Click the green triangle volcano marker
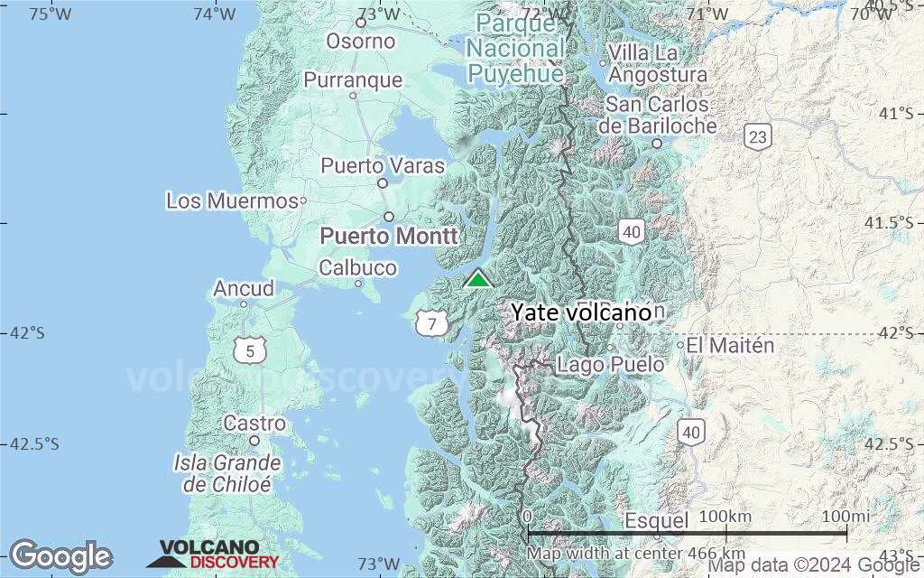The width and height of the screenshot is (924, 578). pos(477,278)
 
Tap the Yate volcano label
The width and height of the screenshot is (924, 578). pos(581,312)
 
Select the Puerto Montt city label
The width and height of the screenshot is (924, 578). pos(390,236)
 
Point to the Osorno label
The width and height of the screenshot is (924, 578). pos(361,41)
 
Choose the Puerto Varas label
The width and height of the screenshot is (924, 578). pos(383,166)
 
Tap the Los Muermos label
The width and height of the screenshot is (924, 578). pos(232,200)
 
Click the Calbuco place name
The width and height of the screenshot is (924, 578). pos(357,268)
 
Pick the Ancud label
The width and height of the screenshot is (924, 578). pos(244,289)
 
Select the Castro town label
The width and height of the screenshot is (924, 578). pos(254,423)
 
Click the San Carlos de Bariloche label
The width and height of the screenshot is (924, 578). pos(661,116)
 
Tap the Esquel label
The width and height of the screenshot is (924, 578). pos(657,520)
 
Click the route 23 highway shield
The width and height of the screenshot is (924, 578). pos(758,137)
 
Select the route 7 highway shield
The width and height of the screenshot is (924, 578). pos(432,322)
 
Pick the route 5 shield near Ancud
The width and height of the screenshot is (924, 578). pos(249,351)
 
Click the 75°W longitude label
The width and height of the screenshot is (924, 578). pos(50,13)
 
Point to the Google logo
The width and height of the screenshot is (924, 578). pos(60,555)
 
